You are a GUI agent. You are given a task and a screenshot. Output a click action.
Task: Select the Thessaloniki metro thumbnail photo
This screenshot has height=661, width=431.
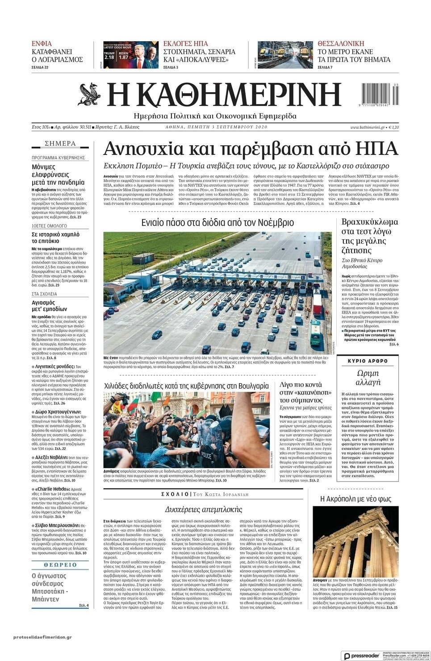tap(285, 55)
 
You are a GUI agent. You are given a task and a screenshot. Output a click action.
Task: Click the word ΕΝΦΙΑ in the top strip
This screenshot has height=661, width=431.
tap(42, 44)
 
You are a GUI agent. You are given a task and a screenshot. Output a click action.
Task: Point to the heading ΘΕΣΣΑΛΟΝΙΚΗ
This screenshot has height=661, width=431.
tap(345, 44)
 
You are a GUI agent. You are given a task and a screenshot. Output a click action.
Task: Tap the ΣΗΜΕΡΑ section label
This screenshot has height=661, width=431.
tap(60, 144)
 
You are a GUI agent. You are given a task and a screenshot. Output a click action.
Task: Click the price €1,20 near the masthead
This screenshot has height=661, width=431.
tap(393, 127)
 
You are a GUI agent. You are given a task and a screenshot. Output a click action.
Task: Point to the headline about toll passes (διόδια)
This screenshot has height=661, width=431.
tap(218, 223)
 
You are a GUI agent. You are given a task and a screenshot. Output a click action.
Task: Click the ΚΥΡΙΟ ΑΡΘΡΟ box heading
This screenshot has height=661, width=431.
tap(368, 361)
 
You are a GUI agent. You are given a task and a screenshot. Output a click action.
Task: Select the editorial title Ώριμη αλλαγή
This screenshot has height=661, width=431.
tap(368, 378)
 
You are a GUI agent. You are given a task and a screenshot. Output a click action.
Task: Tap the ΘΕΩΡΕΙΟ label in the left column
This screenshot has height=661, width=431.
tap(60, 565)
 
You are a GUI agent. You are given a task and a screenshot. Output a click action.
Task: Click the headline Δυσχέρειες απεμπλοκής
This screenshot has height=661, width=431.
tap(203, 509)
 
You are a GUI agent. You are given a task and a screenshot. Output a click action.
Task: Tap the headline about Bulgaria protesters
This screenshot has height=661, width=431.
tap(186, 386)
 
